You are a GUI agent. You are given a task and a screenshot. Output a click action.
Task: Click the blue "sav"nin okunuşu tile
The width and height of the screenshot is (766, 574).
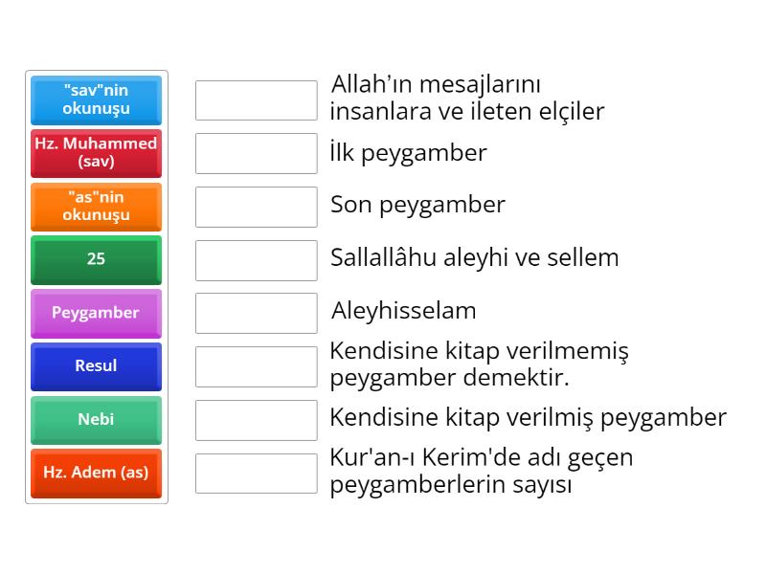coord(97,100)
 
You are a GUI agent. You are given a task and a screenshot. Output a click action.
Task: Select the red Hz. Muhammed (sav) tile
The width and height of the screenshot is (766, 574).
coord(97,153)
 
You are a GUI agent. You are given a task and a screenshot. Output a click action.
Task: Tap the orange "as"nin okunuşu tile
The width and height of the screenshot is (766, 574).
coord(97,207)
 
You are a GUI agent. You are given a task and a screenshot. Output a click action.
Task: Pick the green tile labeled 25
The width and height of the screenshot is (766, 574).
coord(97,260)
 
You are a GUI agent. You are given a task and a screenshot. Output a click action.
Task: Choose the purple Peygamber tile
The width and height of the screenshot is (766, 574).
coord(97,314)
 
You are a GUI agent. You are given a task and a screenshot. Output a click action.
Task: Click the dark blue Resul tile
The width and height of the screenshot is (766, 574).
coord(97,366)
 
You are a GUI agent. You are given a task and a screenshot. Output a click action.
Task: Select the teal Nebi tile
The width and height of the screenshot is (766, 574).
coord(97,420)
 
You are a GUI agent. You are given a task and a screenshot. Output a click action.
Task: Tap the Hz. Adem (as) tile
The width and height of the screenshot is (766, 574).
coord(97,474)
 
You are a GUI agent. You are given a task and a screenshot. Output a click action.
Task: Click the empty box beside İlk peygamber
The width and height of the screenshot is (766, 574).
coord(257,153)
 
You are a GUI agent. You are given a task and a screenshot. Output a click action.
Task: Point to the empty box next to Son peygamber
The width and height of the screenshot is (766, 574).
coord(257,207)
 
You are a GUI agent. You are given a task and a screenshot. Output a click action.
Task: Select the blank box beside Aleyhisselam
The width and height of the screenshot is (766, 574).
coord(257,314)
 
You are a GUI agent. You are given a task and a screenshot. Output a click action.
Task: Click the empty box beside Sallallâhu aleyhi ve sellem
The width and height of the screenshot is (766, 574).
coord(257,260)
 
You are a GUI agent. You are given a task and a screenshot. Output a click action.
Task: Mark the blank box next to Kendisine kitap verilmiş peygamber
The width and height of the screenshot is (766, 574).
coord(257,420)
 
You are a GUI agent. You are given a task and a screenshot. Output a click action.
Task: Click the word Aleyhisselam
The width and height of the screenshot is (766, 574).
coord(403,310)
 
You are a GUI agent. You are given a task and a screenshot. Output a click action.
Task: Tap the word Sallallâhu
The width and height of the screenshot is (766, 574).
coord(384,257)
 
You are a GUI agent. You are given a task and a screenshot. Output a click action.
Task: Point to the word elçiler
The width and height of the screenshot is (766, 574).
coord(572,111)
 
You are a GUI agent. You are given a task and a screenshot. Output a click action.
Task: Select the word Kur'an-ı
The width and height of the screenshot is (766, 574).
coord(372,458)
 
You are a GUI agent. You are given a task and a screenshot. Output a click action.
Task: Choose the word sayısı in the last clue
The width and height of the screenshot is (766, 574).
coord(542,485)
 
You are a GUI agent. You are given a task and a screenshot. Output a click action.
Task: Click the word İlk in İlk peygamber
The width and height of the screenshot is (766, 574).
coord(342,152)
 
